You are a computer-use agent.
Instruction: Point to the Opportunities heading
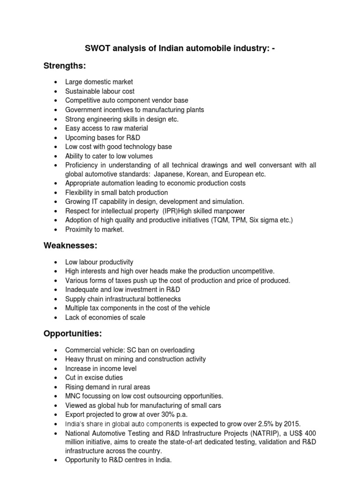(73, 334)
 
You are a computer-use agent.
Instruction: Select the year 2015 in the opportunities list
(291, 424)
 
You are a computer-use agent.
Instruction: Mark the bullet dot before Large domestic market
(56, 82)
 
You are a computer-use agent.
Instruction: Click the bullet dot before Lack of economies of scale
(56, 318)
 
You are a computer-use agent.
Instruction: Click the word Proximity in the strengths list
(80, 229)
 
